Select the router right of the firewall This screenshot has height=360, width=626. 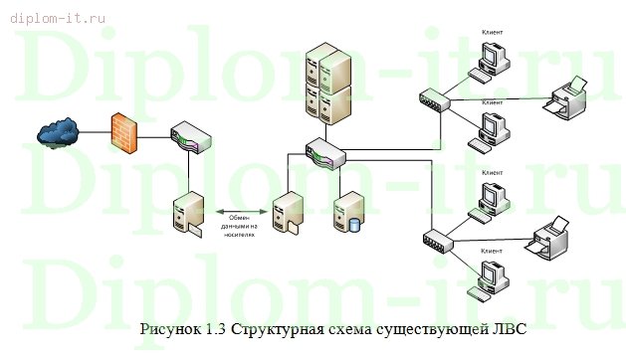tap(188, 138)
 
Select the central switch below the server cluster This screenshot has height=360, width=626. tap(324, 154)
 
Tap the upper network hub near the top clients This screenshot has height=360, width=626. tap(436, 98)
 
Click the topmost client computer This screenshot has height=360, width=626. tap(490, 60)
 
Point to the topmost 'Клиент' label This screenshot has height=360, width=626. tap(491, 31)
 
